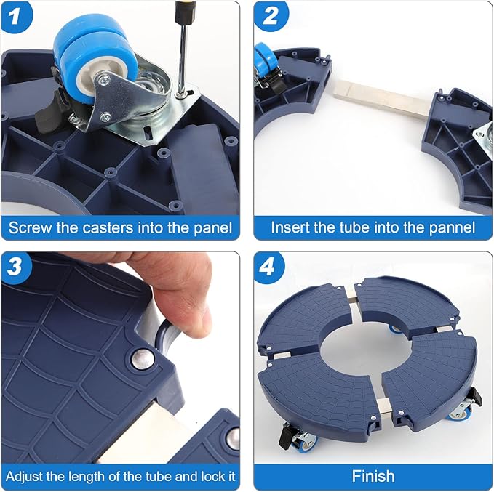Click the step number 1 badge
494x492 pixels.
click(x=15, y=17)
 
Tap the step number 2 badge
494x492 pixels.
click(x=270, y=16)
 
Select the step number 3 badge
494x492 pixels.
click(x=15, y=267)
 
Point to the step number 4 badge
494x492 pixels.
click(x=268, y=267)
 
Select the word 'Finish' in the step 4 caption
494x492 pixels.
click(x=373, y=476)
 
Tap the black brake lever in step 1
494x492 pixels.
click(x=47, y=108)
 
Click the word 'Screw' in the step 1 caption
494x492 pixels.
click(x=31, y=228)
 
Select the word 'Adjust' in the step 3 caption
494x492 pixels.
click(x=24, y=477)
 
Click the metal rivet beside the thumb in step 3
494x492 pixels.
click(x=143, y=359)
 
